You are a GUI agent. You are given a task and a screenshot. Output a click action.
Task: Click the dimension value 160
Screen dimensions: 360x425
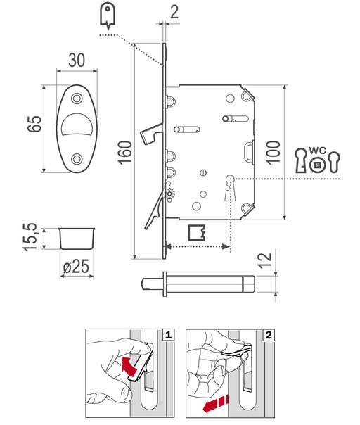pyautogui.click(x=125, y=153)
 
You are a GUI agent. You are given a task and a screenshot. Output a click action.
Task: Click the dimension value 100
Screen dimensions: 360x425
pyautogui.click(x=273, y=152)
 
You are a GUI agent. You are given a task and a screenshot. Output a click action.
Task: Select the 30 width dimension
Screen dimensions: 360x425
pyautogui.click(x=77, y=61)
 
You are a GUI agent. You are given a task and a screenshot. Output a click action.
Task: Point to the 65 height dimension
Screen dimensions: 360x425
pyautogui.click(x=34, y=124)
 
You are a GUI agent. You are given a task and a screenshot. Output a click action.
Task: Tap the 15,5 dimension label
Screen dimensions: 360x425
pyautogui.click(x=30, y=237)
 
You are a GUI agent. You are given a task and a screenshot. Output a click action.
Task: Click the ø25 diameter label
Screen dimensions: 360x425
pyautogui.click(x=76, y=267)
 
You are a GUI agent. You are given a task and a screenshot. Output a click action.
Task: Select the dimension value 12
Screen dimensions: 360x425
pyautogui.click(x=264, y=260)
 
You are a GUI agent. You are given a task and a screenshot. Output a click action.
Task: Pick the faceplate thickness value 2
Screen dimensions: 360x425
pyautogui.click(x=174, y=12)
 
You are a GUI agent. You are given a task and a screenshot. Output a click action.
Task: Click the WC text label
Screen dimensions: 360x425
pyautogui.click(x=318, y=150)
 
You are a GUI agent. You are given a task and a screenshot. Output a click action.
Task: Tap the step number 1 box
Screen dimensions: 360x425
pyautogui.click(x=169, y=335)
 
